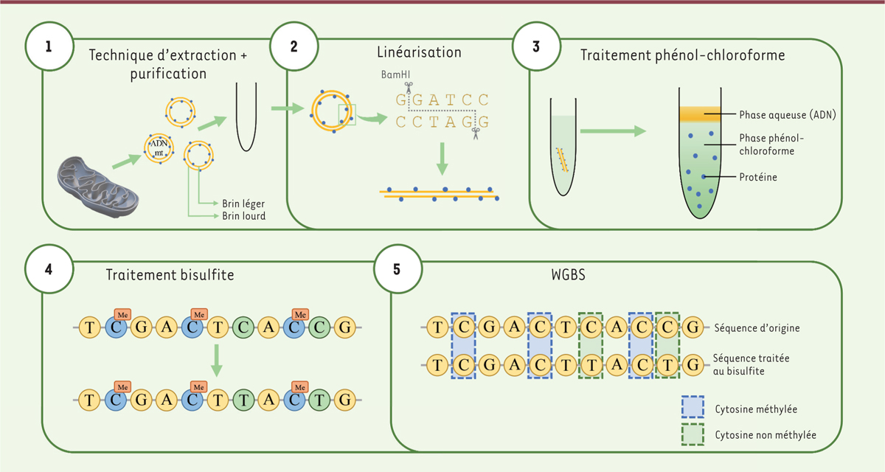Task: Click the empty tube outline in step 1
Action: point(246,118)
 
